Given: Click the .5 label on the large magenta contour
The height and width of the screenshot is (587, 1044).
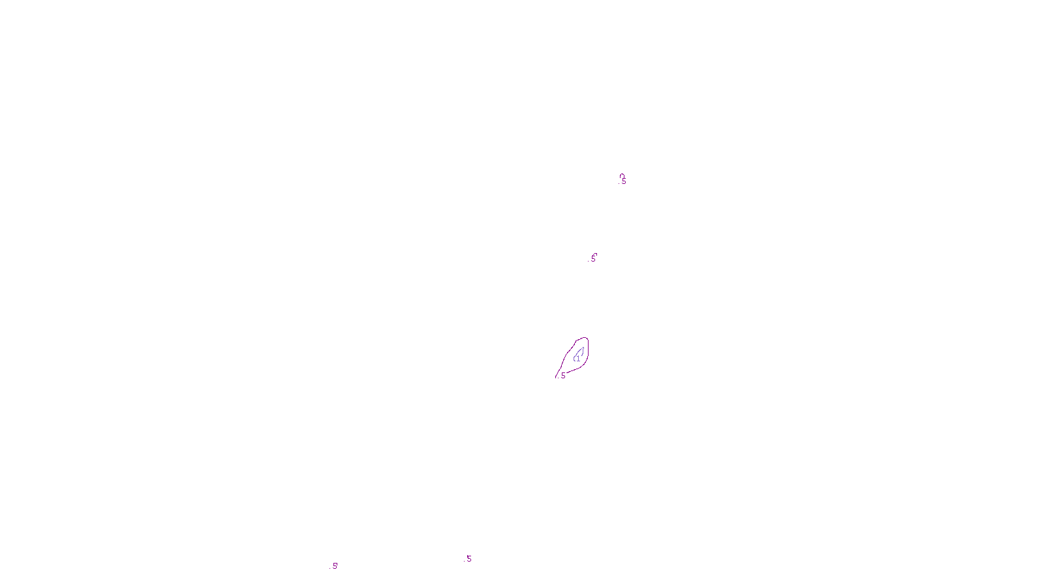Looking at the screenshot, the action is tap(562, 376).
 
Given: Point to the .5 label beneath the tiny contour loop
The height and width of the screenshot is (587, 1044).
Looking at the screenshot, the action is tap(624, 182).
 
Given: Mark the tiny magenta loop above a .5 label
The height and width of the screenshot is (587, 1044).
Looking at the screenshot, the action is tap(622, 175).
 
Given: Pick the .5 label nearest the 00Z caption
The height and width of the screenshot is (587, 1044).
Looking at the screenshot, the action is tap(468, 559).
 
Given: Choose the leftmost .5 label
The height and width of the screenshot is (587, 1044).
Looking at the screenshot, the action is tap(335, 566).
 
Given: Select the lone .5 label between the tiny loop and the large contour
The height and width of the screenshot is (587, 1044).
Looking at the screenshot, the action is tap(593, 259).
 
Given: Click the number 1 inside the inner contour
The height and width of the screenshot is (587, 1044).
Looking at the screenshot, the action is tap(577, 359).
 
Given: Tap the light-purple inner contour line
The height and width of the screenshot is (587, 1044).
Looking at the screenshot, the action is tap(582, 351).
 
